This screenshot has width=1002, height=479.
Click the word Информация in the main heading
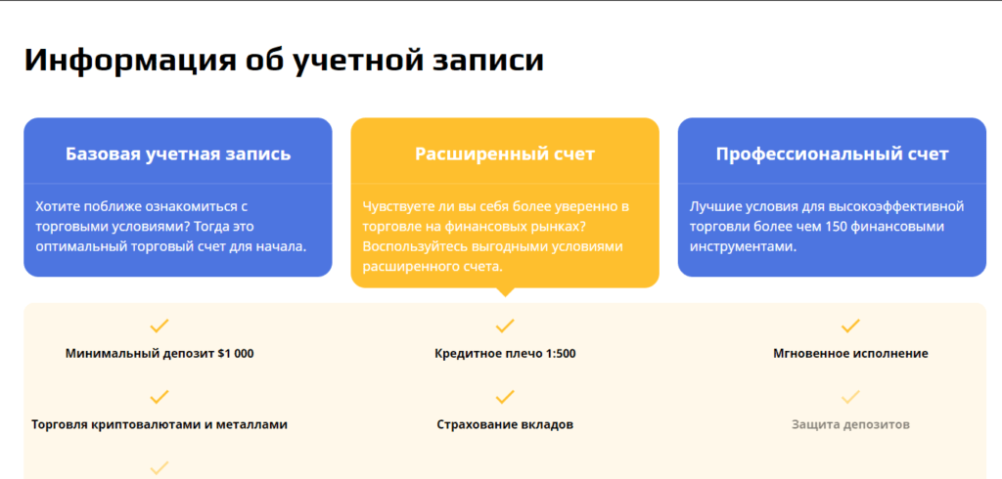click(x=128, y=61)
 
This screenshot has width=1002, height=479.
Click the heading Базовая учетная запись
click(x=178, y=153)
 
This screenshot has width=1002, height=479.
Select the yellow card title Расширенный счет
click(x=505, y=153)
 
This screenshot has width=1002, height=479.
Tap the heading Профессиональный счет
click(x=832, y=153)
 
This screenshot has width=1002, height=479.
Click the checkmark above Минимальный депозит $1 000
click(x=159, y=327)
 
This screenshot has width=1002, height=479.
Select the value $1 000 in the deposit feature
click(x=236, y=353)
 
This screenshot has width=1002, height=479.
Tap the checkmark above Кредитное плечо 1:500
click(x=505, y=327)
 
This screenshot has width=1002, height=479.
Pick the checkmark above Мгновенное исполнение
click(x=850, y=327)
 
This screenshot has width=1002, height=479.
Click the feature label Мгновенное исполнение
click(x=850, y=353)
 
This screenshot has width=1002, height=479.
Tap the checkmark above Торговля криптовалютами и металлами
click(x=159, y=397)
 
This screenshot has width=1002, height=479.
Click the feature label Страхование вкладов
click(x=505, y=424)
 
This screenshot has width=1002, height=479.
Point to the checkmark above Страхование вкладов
click(x=505, y=397)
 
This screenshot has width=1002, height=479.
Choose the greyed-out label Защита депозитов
click(x=850, y=424)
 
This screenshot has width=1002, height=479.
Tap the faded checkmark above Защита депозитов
click(x=850, y=397)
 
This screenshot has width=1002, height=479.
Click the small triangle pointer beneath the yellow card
click(x=505, y=292)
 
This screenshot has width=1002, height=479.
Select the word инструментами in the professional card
click(x=743, y=246)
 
